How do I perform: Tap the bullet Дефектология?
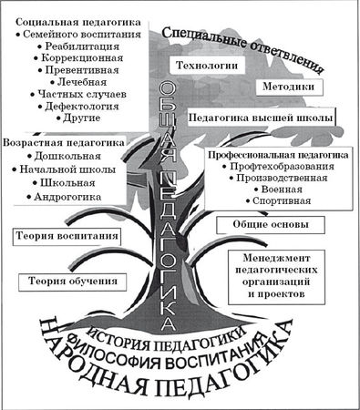tap(83, 105)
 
